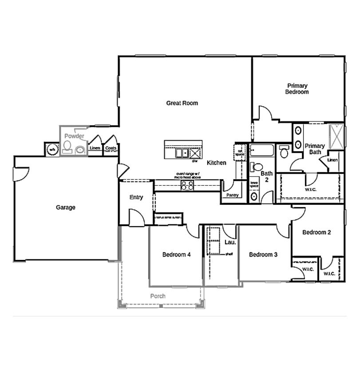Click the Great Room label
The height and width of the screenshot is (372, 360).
pos(182,103)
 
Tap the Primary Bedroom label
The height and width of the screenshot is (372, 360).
pos(297,89)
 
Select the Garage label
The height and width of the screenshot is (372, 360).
pos(66,208)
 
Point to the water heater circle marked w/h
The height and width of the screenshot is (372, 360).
pos(52,149)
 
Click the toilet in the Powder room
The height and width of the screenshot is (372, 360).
pos(67,146)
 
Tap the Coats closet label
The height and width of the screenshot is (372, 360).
pos(111,148)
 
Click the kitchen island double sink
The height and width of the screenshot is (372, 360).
pos(182,153)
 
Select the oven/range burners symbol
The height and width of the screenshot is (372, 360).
pos(187,185)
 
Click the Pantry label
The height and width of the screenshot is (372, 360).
pos(232,195)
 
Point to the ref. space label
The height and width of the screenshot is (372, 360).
pos(240,152)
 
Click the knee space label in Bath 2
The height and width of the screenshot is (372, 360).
pos(254,183)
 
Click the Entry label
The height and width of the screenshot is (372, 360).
pos(136,197)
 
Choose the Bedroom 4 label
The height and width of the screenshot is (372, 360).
pos(176,255)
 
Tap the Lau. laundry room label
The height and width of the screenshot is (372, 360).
pos(229,242)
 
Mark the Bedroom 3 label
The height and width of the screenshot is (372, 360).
pos(263,255)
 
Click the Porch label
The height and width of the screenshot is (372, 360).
pos(158,296)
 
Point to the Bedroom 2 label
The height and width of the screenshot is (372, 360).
pos(316,232)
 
